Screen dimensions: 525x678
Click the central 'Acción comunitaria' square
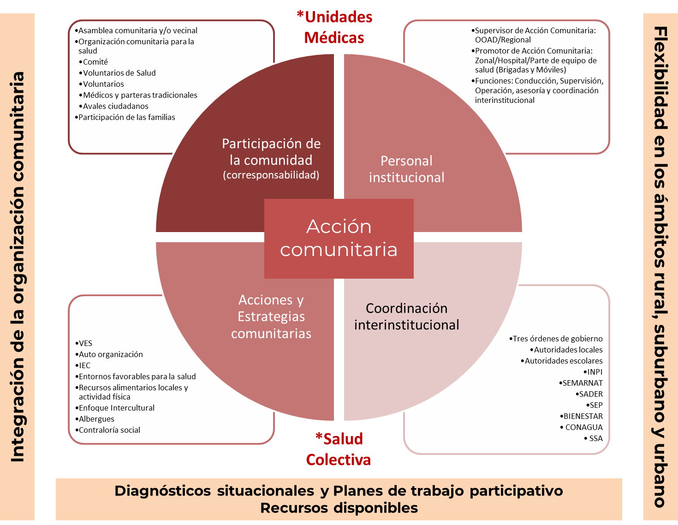pyautogui.click(x=339, y=238)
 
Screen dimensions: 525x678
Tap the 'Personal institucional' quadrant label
pyautogui.click(x=406, y=169)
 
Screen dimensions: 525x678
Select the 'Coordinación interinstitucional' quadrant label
pyautogui.click(x=406, y=316)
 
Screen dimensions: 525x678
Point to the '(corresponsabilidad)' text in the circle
pyautogui.click(x=271, y=175)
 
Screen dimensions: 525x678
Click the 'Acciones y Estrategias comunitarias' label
pyautogui.click(x=271, y=316)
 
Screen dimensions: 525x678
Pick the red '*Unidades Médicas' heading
pyautogui.click(x=334, y=27)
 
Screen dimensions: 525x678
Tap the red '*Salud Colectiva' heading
pyautogui.click(x=339, y=449)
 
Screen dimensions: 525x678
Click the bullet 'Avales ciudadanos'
pyautogui.click(x=115, y=106)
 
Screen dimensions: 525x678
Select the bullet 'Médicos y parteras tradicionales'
pyautogui.click(x=140, y=95)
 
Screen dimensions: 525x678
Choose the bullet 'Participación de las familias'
pyautogui.click(x=126, y=117)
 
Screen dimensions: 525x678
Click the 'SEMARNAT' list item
pyautogui.click(x=582, y=383)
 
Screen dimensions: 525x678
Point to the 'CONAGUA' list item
pyautogui.click(x=583, y=427)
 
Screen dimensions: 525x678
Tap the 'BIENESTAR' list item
pyautogui.click(x=583, y=416)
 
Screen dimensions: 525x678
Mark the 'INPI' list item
pyautogui.click(x=595, y=372)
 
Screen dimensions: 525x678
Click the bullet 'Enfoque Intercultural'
pyautogui.click(x=116, y=408)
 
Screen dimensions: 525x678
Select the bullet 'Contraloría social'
pyautogui.click(x=109, y=430)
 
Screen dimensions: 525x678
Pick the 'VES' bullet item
pyautogui.click(x=85, y=343)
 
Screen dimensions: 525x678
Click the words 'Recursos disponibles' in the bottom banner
pyautogui.click(x=339, y=508)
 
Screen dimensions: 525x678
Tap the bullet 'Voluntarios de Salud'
pyautogui.click(x=119, y=73)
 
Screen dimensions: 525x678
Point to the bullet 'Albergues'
pyautogui.click(x=96, y=419)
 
